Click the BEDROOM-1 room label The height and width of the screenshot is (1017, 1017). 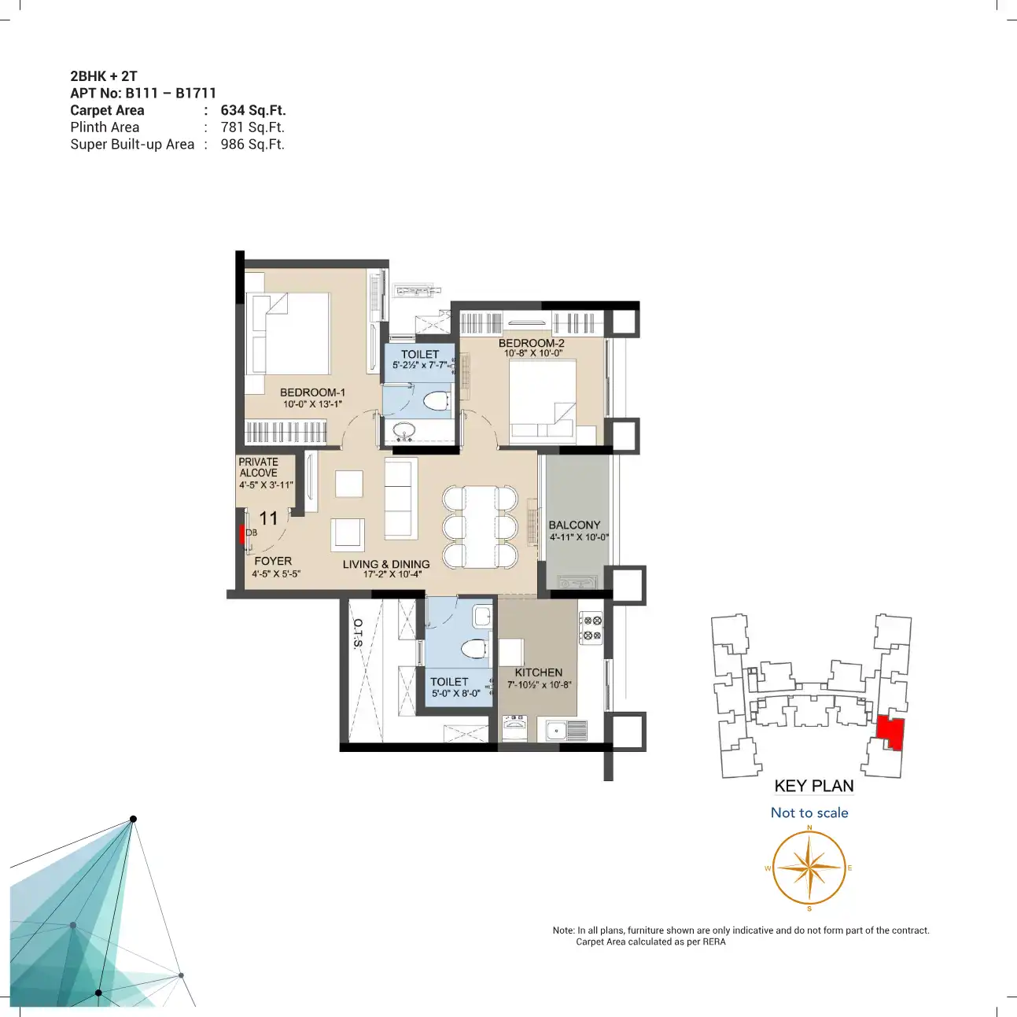312,392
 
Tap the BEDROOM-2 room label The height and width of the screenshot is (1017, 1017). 531,343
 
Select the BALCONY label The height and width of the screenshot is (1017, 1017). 574,525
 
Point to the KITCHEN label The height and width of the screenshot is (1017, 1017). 538,672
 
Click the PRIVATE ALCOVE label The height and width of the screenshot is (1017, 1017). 258,467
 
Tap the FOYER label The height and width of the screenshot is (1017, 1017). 273,561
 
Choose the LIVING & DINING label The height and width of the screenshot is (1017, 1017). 385,564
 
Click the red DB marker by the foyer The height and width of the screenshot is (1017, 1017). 241,534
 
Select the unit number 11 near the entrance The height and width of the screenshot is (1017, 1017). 268,518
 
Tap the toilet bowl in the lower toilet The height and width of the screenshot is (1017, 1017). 473,648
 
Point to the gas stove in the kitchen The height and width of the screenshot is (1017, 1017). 591,628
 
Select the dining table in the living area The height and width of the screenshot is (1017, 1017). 480,527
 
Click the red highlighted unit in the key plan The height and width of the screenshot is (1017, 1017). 890,732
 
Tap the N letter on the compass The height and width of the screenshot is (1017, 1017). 809,827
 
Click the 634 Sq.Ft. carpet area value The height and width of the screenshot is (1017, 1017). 253,110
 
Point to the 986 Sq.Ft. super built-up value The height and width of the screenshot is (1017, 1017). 252,144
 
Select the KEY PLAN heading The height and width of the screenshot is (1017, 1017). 814,786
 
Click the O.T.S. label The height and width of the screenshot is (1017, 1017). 359,633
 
